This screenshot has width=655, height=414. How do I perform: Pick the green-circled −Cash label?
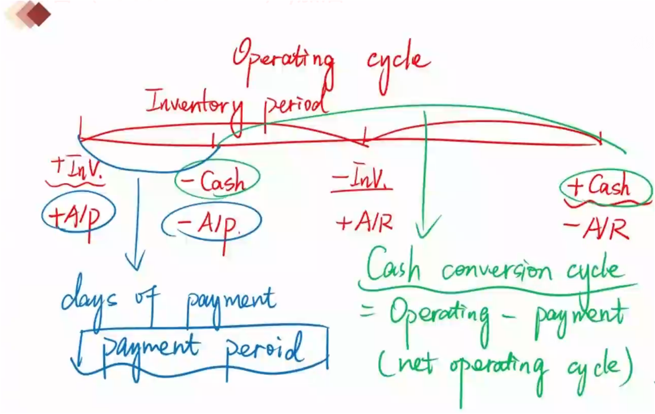(218, 180)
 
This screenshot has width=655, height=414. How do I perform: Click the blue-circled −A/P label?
(211, 224)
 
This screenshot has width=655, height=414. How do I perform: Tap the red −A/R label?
(595, 227)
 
